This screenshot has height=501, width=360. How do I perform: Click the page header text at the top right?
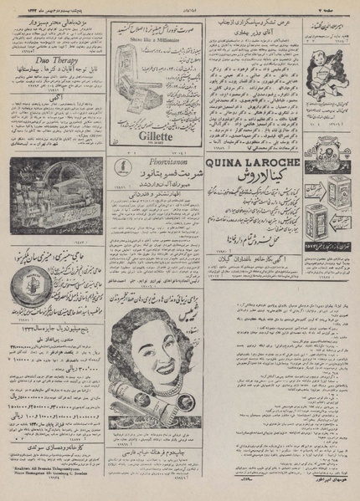(x=335, y=5)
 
